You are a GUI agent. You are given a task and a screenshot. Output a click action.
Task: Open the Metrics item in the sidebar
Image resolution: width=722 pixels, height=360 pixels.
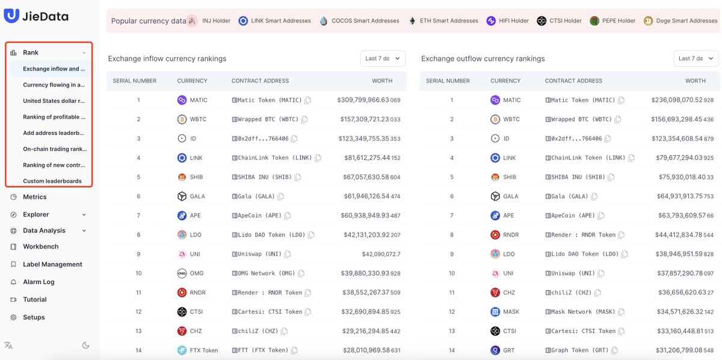point(34,197)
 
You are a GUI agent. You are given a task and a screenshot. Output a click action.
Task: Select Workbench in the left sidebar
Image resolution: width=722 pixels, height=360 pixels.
point(40,247)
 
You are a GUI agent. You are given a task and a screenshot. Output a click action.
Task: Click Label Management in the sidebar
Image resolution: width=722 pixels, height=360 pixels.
point(52,264)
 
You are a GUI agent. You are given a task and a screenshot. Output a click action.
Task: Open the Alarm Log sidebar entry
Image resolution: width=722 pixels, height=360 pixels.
point(39,282)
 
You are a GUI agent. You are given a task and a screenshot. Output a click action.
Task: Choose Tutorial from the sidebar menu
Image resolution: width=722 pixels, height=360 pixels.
point(34,300)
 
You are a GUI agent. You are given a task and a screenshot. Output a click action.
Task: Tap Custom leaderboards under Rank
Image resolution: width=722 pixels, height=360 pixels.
point(52,181)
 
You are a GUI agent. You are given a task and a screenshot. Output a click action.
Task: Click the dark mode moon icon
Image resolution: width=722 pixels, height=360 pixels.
point(85,345)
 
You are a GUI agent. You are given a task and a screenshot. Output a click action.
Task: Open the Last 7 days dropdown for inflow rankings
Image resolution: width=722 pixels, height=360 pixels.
point(382,58)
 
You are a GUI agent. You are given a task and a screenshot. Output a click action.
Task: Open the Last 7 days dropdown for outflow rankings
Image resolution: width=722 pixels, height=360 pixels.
point(696,58)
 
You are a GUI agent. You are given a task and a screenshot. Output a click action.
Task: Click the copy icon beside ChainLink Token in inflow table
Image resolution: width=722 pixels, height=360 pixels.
point(318,158)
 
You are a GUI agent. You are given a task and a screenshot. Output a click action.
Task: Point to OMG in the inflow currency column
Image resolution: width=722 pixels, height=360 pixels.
point(196,273)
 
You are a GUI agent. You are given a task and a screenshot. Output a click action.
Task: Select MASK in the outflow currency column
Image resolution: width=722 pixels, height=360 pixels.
point(510,312)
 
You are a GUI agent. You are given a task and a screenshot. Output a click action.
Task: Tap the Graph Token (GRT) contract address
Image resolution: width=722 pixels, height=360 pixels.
point(577,350)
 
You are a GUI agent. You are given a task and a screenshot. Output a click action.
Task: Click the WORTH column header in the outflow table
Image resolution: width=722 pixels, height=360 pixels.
point(695,81)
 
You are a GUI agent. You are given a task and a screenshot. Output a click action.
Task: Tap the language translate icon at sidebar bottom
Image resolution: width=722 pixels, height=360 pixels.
point(8,345)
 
